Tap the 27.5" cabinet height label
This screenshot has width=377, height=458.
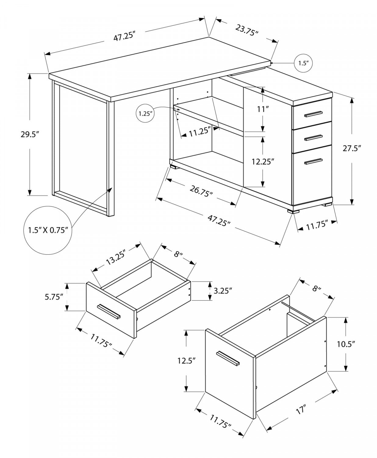pyautogui.click(x=351, y=149)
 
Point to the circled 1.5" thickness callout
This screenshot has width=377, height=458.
pyautogui.click(x=303, y=63)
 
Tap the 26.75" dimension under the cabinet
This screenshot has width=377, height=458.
pyautogui.click(x=201, y=191)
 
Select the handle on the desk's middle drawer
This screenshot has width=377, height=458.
pyautogui.click(x=313, y=137)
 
